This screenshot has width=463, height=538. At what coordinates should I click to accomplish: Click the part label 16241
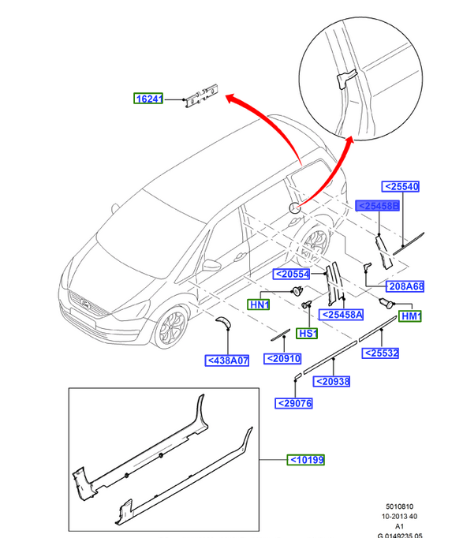tap(148, 99)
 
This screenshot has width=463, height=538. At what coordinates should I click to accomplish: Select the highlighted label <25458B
tap(377, 206)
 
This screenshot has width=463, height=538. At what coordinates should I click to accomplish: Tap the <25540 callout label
tap(400, 187)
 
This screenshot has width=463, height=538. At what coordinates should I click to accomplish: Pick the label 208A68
tap(405, 286)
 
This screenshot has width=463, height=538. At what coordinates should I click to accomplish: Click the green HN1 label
tap(259, 304)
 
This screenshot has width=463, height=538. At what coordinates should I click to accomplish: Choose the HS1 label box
tap(307, 333)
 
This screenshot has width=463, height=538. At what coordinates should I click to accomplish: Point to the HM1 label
tap(410, 316)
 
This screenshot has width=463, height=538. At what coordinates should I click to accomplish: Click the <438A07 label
tap(226, 361)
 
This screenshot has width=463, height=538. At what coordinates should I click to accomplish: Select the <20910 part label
tap(282, 359)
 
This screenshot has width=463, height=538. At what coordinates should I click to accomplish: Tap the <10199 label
tap(306, 460)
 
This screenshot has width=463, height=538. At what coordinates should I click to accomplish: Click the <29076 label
tap(294, 403)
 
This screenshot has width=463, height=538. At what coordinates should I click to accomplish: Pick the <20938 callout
tap(331, 381)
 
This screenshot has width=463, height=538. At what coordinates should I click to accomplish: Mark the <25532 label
tap(380, 353)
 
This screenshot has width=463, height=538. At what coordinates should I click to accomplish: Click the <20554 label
tap(292, 275)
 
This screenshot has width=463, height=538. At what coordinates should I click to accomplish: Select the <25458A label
tap(341, 315)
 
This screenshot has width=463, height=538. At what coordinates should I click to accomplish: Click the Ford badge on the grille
tap(84, 303)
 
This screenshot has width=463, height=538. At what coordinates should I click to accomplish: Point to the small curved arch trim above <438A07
tap(223, 322)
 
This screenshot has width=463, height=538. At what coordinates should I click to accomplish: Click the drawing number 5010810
tap(400, 506)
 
